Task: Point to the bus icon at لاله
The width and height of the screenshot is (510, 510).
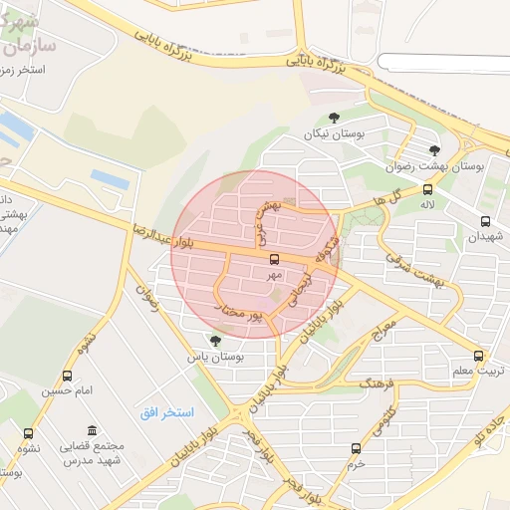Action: tap(427, 188)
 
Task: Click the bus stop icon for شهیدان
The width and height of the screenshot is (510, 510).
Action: tap(485, 221)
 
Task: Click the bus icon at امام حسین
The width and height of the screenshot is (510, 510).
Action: tap(67, 376)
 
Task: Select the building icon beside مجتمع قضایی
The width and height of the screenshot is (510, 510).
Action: tap(93, 430)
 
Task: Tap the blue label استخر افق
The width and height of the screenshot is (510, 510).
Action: tap(166, 411)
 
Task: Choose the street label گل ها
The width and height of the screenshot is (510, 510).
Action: tap(374, 202)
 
